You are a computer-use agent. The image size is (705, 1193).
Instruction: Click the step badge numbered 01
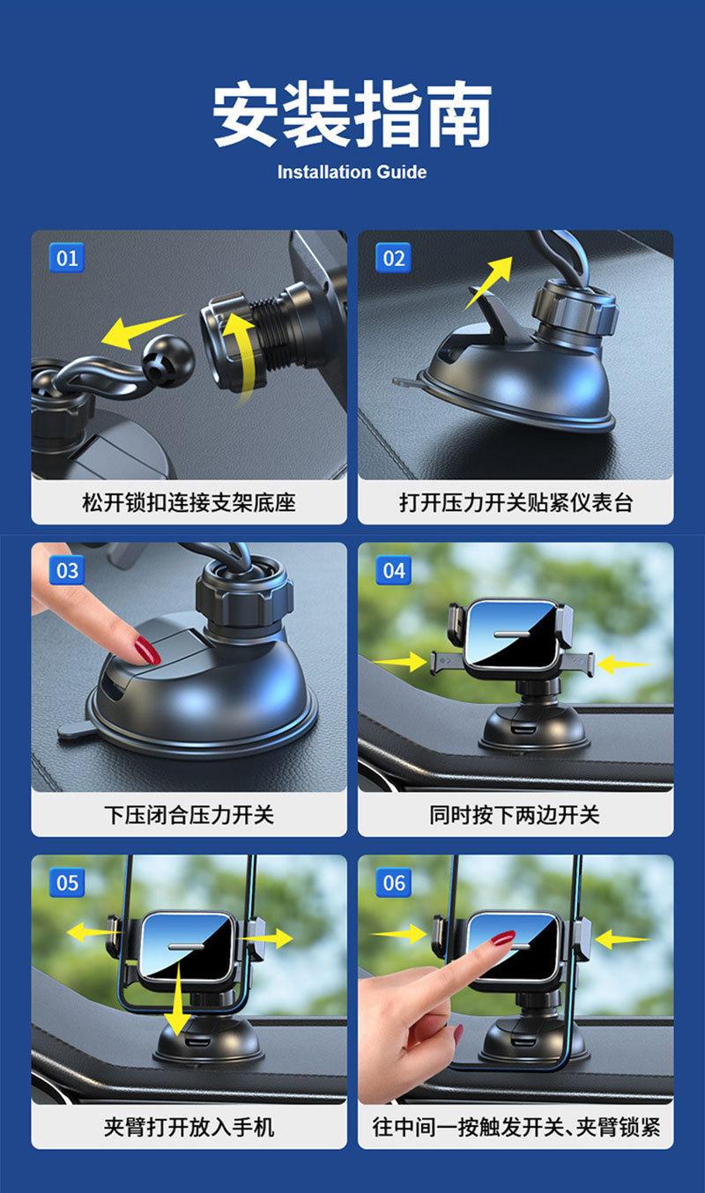[x=67, y=258]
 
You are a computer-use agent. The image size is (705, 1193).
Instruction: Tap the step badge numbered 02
[x=393, y=258]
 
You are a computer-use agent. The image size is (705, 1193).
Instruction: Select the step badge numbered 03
[x=67, y=570]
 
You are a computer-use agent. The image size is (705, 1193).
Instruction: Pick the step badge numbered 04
[x=393, y=570]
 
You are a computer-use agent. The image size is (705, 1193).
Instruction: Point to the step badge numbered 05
[x=67, y=883]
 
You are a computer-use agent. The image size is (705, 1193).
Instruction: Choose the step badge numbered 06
[x=393, y=883]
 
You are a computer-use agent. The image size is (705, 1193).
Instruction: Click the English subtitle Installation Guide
[x=352, y=172]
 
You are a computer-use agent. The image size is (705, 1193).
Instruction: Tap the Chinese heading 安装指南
[x=352, y=114]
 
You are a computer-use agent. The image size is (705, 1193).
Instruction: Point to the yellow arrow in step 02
[x=488, y=282]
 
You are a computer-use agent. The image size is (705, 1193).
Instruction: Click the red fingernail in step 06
[x=503, y=937]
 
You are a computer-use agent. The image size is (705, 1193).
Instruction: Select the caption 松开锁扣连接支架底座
[x=189, y=502]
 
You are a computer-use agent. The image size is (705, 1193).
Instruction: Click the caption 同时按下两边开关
[x=516, y=815]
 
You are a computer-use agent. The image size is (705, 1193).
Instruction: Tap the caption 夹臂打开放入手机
[x=189, y=1127]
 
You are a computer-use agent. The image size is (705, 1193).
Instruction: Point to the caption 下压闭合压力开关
[x=189, y=815]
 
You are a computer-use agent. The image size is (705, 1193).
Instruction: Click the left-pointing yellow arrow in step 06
[x=622, y=938]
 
